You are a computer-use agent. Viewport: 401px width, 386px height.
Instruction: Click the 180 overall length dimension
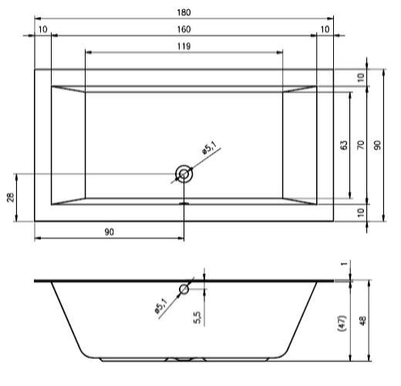184,13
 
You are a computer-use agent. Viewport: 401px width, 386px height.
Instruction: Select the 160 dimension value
184,29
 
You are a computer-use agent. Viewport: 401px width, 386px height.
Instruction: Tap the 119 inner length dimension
184,46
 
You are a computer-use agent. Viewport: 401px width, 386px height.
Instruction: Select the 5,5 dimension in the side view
197,317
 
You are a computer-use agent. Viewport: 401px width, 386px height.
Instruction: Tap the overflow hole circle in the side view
184,289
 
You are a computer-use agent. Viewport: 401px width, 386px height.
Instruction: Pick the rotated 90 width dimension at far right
378,144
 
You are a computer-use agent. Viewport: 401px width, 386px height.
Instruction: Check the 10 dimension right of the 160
325,29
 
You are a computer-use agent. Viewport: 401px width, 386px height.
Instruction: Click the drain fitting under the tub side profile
184,359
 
